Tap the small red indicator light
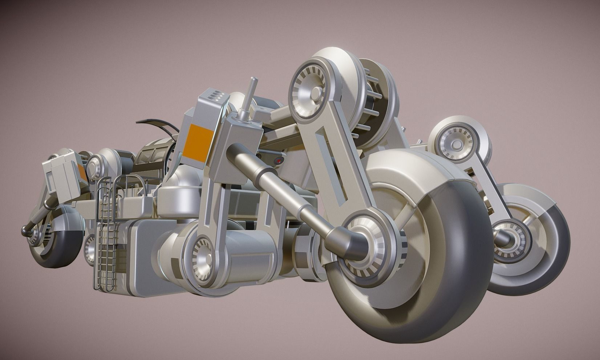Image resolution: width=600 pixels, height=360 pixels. (279, 160)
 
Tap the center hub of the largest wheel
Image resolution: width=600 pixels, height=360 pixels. (367, 241)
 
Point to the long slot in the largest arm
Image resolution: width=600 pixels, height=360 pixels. (329, 160)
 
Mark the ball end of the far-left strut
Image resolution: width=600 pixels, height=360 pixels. (26, 230)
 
